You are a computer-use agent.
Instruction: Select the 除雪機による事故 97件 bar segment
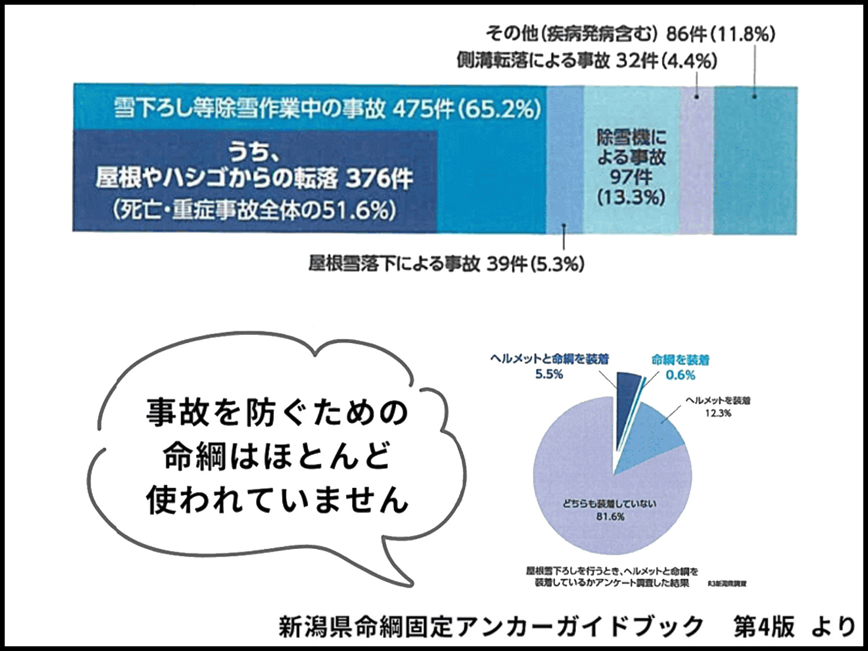(x=631, y=167)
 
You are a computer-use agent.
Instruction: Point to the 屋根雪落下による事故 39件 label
(x=446, y=264)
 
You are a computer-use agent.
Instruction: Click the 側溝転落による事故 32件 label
(x=587, y=61)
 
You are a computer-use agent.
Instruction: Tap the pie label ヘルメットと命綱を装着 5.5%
(x=549, y=366)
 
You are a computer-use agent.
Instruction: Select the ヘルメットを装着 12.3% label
(x=718, y=407)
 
